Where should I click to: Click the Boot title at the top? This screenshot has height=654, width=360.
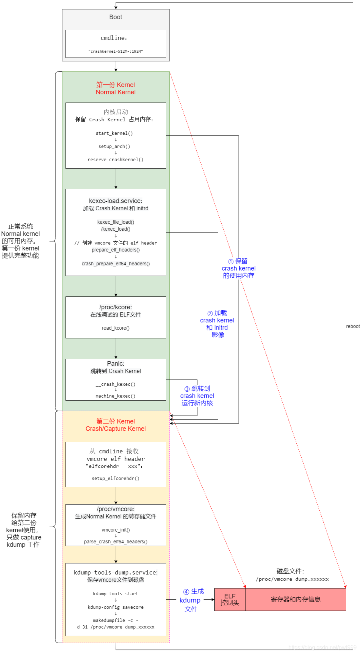116,17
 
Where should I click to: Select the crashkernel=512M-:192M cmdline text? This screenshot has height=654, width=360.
116,51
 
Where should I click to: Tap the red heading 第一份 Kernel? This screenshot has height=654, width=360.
116,85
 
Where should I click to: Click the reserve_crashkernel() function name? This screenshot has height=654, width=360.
116,160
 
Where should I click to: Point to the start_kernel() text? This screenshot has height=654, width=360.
116,134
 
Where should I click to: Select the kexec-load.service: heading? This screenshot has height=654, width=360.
116,201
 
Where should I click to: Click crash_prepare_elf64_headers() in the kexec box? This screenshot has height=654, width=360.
116,263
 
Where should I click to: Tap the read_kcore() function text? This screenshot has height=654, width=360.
116,328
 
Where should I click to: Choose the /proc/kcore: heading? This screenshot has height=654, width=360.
116,307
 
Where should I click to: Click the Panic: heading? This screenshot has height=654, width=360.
116,364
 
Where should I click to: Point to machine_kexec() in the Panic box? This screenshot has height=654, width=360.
116,396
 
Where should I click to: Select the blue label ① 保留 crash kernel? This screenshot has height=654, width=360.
239,268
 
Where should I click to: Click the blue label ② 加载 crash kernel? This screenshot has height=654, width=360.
217,324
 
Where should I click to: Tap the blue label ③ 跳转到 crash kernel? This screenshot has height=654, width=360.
197,395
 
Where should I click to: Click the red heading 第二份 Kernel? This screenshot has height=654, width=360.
116,421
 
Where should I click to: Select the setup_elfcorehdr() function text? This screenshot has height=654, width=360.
116,478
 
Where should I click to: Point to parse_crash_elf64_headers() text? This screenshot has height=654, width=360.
116,542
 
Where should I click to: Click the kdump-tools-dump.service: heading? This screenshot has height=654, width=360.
116,572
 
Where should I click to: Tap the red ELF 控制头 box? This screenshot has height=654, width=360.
230,599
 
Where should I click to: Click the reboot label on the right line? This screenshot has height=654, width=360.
352,326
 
